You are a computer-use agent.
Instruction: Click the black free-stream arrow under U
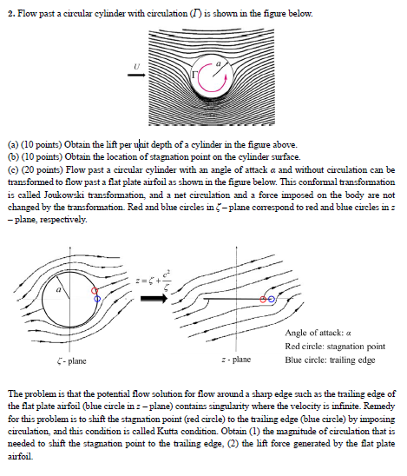point(135,76)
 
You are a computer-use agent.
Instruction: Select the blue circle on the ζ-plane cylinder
point(97,298)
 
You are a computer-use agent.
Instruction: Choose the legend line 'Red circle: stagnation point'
point(334,346)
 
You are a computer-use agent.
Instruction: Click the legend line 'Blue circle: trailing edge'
point(329,358)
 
